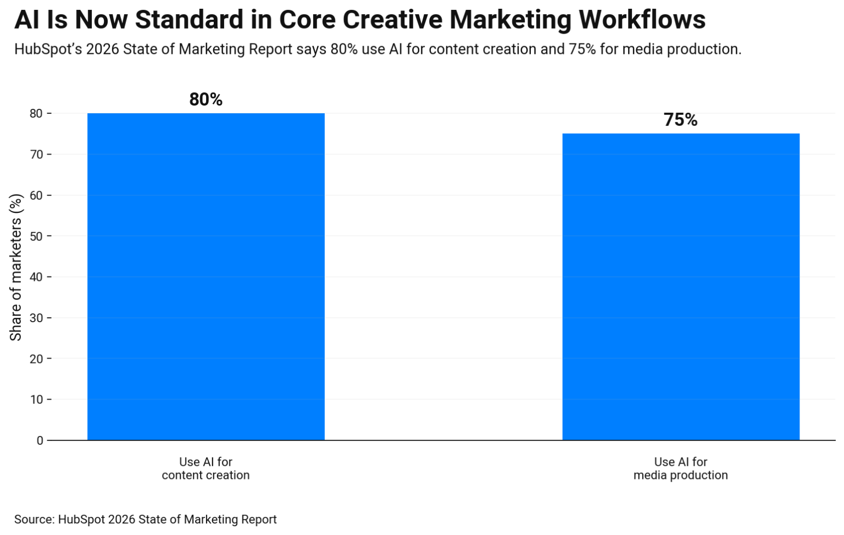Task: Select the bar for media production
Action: click(680, 286)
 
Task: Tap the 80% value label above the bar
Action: click(206, 100)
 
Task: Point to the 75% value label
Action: click(680, 120)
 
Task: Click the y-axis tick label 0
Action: click(40, 440)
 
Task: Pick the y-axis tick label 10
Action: click(37, 400)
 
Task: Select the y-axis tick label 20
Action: click(37, 359)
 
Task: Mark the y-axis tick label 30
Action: click(37, 318)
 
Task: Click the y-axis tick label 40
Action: click(37, 277)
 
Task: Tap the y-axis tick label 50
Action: click(37, 236)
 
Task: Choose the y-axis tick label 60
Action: click(37, 196)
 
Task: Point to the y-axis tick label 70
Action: click(37, 155)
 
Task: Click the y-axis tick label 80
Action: click(37, 114)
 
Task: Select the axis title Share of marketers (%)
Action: click(16, 267)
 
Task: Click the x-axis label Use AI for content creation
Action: click(206, 468)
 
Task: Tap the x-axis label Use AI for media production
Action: click(680, 468)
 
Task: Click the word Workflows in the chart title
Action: click(642, 20)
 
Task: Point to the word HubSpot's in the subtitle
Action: click(48, 49)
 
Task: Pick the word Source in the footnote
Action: click(34, 520)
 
